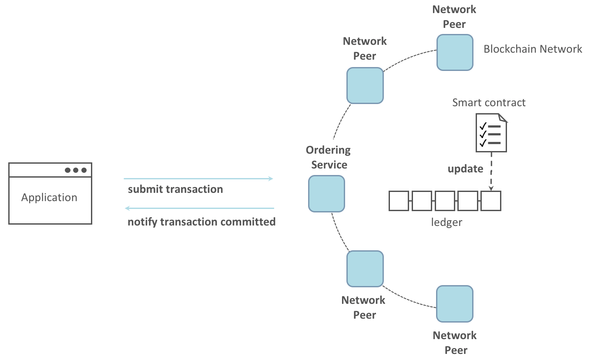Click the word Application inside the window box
coord(49,198)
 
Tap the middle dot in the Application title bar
coord(76,170)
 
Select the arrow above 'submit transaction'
coord(198,178)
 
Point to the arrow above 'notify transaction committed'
coord(200,208)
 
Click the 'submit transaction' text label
coord(175,189)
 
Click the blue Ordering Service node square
coord(326,194)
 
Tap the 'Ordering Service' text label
coord(328,158)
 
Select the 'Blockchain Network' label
coord(533,49)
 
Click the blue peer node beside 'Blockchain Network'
coord(455,53)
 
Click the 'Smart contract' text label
coord(489,103)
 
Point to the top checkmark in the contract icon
coord(482,126)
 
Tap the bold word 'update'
coord(465,169)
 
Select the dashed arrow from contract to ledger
coord(491,171)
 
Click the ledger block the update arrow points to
coord(491,201)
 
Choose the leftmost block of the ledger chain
coord(399,201)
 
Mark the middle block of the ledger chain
coord(445,201)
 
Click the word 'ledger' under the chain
coord(446,222)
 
